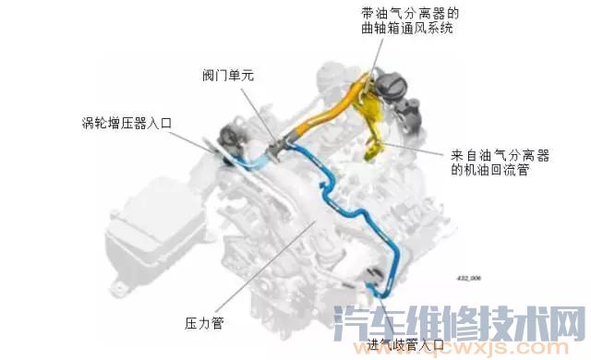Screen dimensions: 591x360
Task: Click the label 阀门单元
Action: pyautogui.click(x=228, y=76)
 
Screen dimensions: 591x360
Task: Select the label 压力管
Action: pyautogui.click(x=205, y=324)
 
